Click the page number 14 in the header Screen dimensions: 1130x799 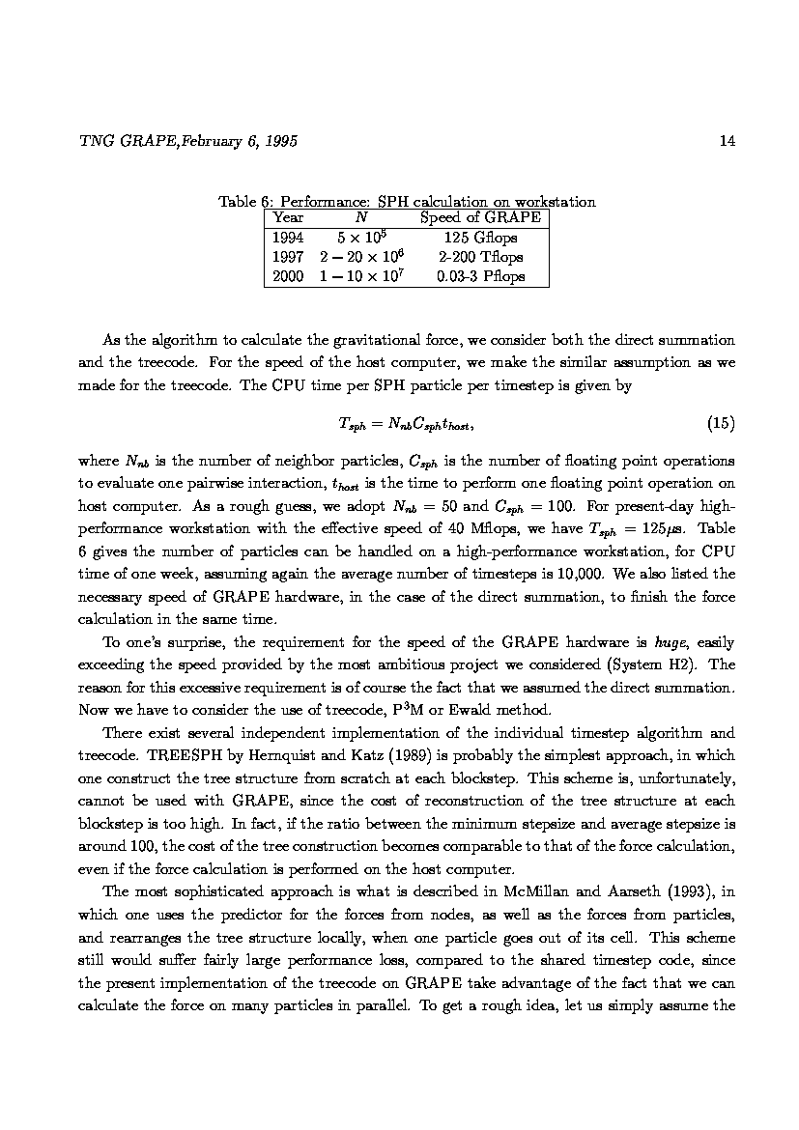728,142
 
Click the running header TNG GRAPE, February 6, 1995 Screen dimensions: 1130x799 187,142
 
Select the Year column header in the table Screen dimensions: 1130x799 288,218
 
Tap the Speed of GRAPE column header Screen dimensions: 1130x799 480,218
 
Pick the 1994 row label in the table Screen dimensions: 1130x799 288,238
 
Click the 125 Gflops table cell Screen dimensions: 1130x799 480,238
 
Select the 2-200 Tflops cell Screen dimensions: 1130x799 480,257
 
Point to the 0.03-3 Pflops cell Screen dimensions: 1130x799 480,276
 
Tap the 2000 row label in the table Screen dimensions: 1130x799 288,276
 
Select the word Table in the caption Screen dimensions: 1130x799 237,202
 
